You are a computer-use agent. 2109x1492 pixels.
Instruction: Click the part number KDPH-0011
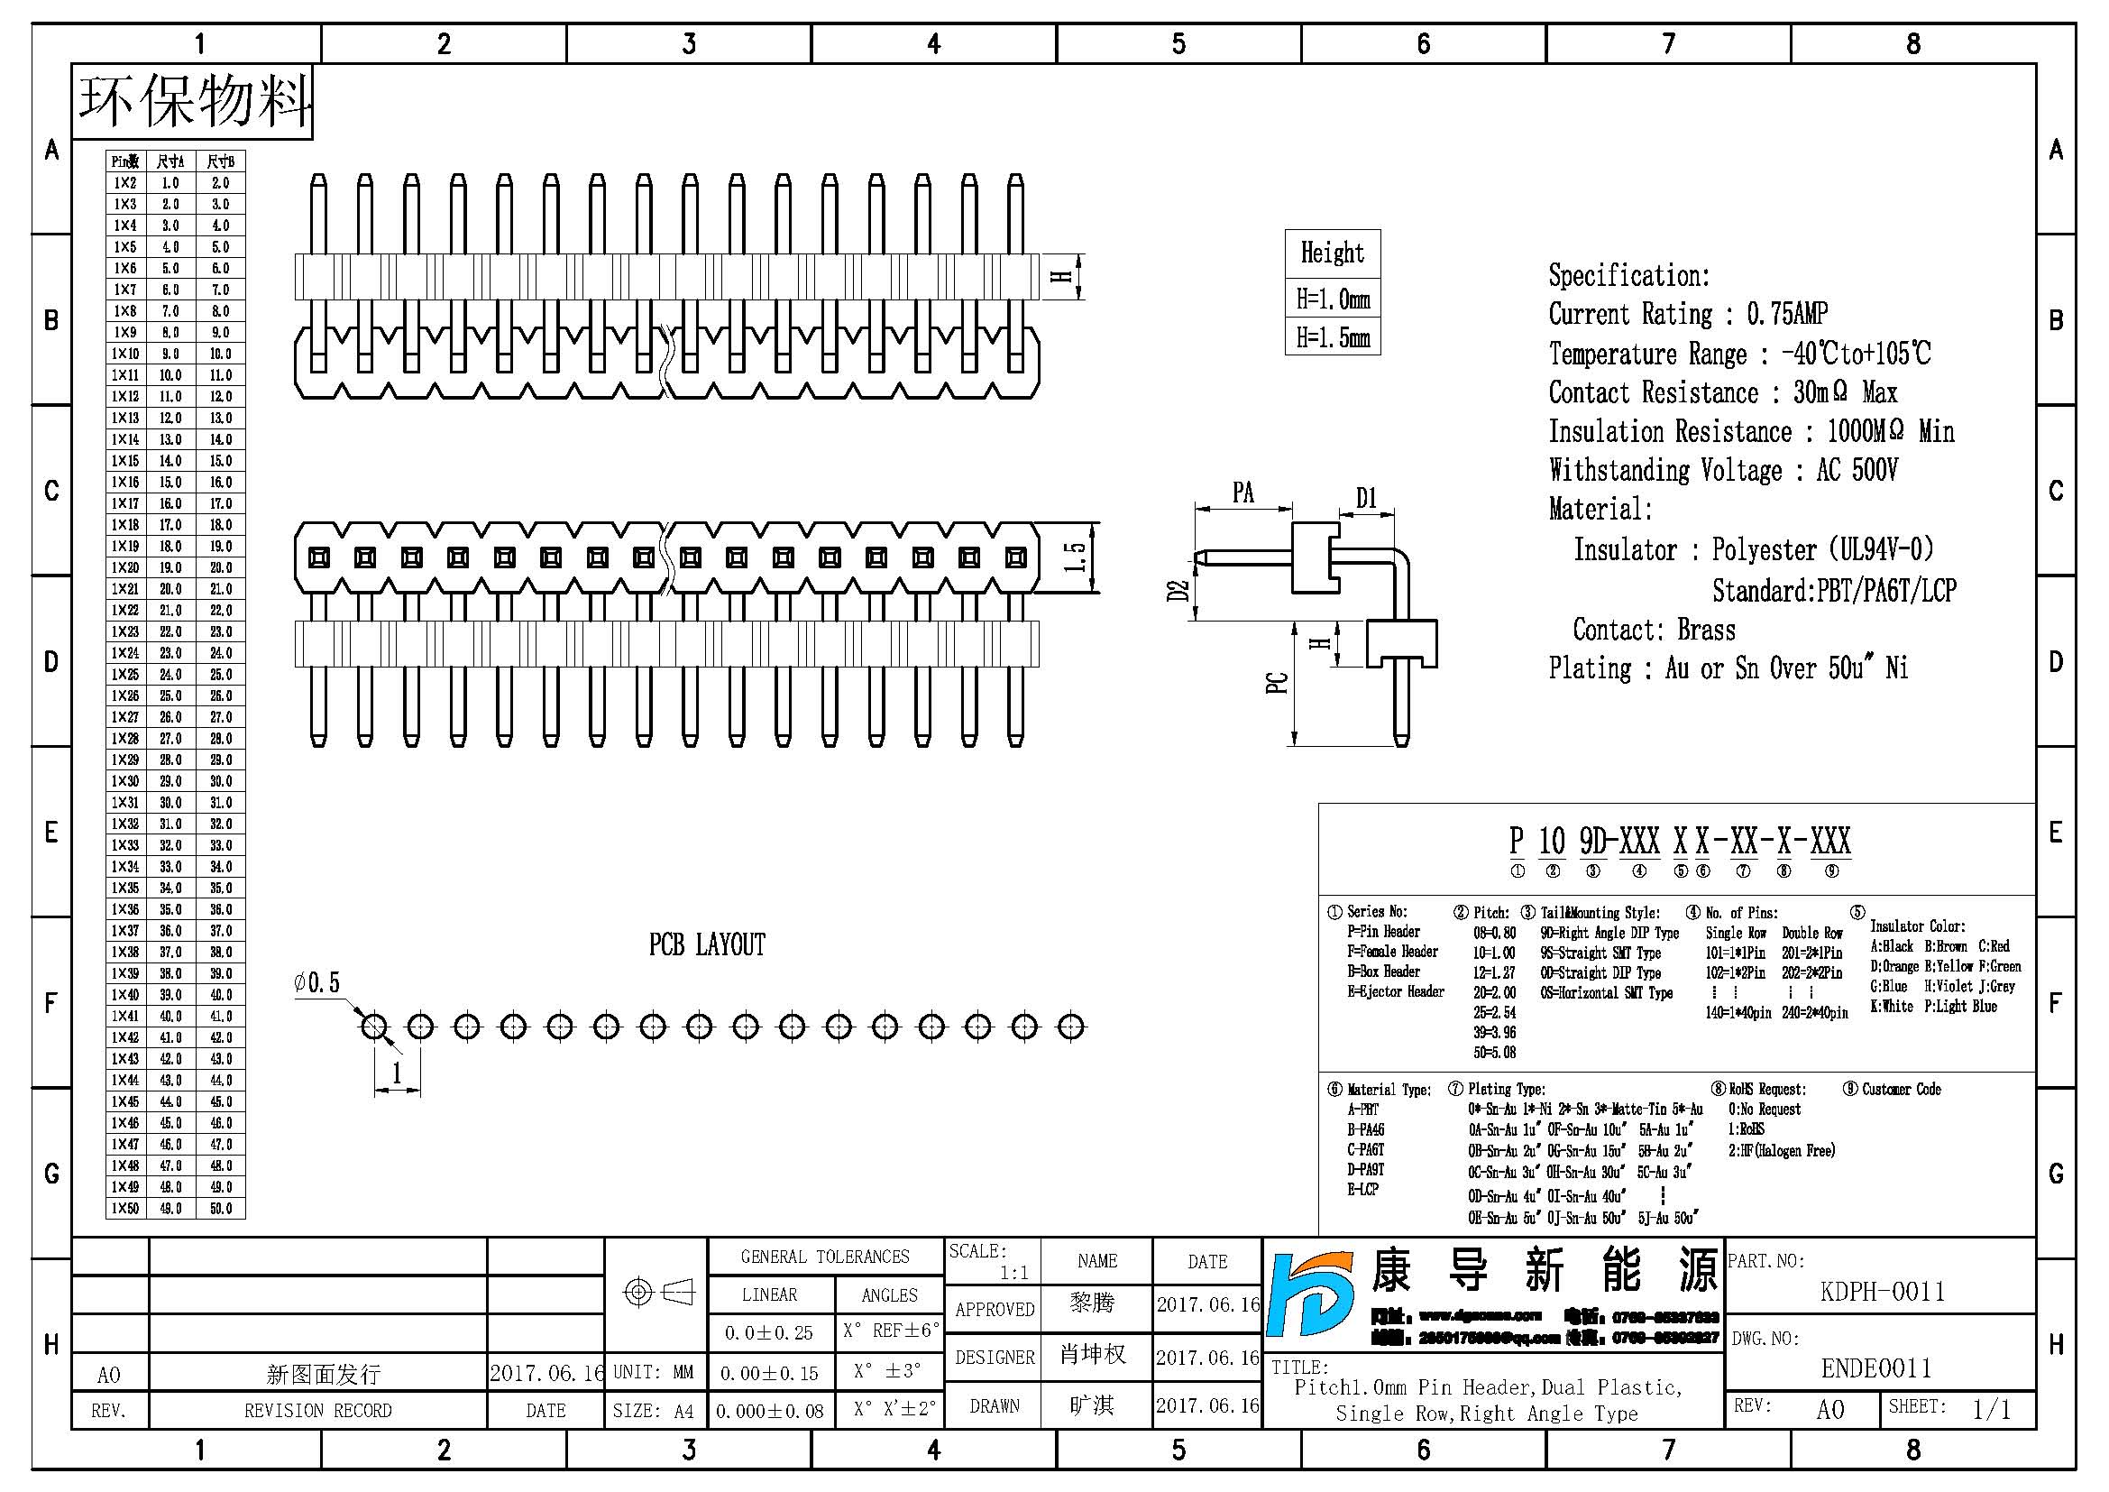point(1882,1292)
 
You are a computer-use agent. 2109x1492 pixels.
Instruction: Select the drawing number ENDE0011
point(1875,1369)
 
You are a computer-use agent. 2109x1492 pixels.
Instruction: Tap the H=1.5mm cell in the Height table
point(1332,338)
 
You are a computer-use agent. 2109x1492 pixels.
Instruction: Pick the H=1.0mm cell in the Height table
point(1332,299)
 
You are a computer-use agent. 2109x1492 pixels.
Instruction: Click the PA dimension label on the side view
point(1242,493)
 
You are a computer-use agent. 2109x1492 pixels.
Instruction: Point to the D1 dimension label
point(1366,498)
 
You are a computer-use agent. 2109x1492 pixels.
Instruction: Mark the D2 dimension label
point(1178,591)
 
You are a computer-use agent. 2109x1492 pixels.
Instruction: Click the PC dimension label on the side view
point(1277,684)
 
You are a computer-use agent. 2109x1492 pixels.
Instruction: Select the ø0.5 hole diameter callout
point(316,983)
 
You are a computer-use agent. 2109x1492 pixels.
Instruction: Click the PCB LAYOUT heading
point(706,944)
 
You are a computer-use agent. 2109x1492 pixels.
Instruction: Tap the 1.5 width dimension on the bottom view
point(1075,557)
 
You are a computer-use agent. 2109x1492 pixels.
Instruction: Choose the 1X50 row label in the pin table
point(125,1208)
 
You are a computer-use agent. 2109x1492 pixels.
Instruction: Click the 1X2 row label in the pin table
point(125,183)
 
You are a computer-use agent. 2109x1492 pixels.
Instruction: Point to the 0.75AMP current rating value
point(1786,314)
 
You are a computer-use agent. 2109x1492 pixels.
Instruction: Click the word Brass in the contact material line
point(1706,631)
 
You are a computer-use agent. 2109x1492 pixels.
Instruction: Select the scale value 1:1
point(1014,1274)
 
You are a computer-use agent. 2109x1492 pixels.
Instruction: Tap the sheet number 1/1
point(1992,1409)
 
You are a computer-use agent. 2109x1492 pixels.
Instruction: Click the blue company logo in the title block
point(1311,1294)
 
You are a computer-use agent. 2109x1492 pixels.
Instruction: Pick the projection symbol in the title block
point(657,1293)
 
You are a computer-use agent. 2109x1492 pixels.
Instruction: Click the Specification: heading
point(1628,276)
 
